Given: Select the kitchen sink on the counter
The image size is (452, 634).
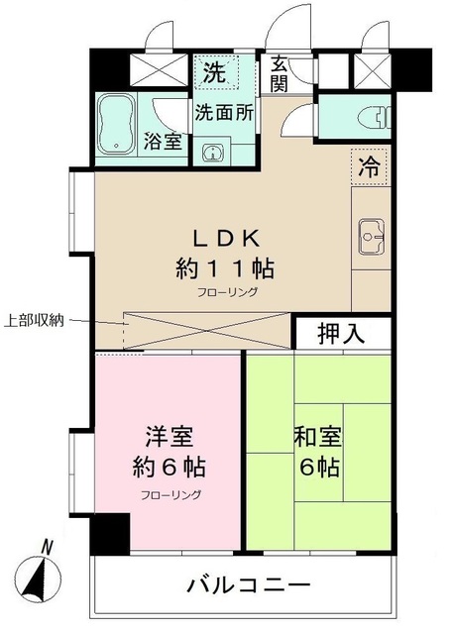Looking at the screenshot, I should [x=371, y=236].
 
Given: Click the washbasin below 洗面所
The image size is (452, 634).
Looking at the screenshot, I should [x=211, y=152].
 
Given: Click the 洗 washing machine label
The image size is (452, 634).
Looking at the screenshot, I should [x=213, y=72].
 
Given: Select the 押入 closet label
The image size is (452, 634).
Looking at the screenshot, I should [x=339, y=333].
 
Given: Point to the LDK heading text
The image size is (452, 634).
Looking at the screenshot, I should [x=225, y=238].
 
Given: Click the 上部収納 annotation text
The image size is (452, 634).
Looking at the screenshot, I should [x=34, y=319].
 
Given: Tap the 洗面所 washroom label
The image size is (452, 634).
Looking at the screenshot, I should [x=224, y=111].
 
